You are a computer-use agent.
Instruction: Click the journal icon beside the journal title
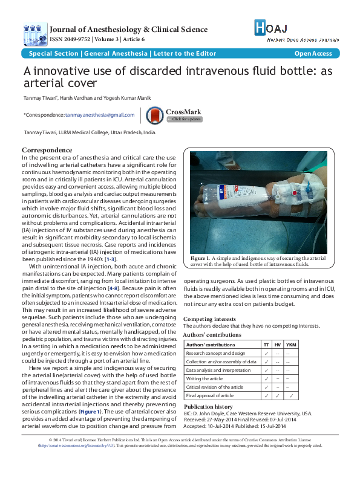tap(34, 34)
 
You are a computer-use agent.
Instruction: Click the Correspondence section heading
tap(47, 150)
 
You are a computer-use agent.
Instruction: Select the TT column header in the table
tap(267, 344)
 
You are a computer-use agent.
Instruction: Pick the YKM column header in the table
tap(291, 344)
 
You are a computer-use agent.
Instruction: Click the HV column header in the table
tap(278, 344)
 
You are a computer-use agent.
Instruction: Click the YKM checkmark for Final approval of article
tap(291, 395)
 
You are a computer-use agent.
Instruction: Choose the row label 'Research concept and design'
tap(215, 353)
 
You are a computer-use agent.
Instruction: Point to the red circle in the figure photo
tap(295, 193)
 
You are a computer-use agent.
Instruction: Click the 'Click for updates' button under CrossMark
tap(186, 119)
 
